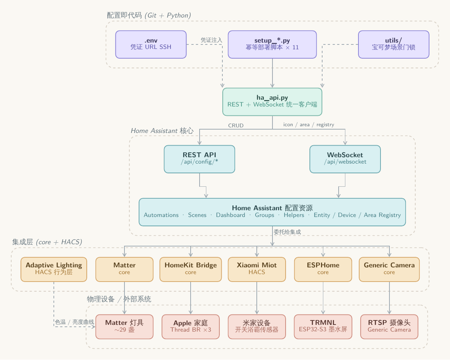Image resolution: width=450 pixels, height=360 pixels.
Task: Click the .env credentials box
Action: tap(151, 44)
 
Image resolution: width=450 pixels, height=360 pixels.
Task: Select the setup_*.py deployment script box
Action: tap(272, 44)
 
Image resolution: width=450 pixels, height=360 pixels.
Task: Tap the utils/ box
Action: tap(394, 44)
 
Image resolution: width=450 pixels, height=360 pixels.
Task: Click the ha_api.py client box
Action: tap(272, 102)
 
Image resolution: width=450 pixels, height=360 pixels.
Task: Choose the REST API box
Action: tap(200, 159)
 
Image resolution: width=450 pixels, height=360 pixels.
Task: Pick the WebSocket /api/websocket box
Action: tap(345, 159)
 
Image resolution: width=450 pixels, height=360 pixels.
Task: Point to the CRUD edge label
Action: tap(236, 125)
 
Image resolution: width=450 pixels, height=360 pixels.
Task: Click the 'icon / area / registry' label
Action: tap(309, 125)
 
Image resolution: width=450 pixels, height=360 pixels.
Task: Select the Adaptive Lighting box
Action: tap(54, 269)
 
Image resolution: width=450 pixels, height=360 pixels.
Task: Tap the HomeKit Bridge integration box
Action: tap(191, 269)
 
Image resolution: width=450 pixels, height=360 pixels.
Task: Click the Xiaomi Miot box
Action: tap(257, 269)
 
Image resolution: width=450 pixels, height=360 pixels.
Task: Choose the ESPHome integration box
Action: tap(323, 269)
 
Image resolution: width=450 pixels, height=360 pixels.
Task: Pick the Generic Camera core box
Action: tap(389, 269)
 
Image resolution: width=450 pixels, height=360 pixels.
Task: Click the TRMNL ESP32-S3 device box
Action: tap(323, 327)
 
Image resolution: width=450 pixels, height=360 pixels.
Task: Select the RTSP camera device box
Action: tap(389, 327)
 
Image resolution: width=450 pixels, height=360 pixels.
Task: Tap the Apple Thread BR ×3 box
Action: tap(191, 327)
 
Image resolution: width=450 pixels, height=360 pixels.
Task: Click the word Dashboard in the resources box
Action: tap(231, 215)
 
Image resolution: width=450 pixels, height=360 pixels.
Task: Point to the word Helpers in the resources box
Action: tap(294, 215)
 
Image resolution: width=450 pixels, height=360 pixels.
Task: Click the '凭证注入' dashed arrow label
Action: tap(211, 40)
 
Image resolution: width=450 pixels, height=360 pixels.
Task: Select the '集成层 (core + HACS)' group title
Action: tap(47, 242)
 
